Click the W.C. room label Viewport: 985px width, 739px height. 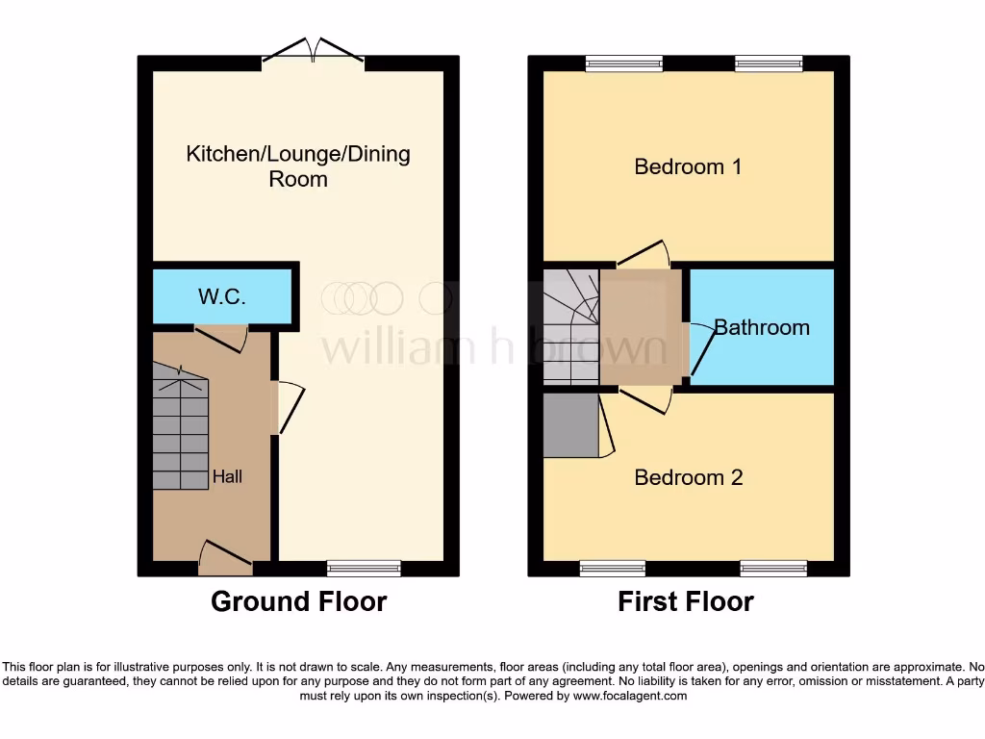[222, 296]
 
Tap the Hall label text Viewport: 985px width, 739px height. [228, 475]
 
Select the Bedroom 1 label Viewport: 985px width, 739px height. [688, 166]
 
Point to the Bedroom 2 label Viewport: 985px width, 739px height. [689, 477]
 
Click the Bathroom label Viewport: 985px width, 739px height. [761, 327]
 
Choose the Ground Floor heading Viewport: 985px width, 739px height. [298, 602]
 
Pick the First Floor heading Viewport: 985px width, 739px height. [686, 602]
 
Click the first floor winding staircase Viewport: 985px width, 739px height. [570, 327]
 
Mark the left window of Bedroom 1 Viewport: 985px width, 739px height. [624, 64]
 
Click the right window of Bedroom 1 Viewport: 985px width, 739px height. [769, 64]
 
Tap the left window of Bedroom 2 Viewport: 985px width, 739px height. [613, 569]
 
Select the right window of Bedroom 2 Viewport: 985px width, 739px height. [772, 569]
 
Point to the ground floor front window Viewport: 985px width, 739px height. [364, 569]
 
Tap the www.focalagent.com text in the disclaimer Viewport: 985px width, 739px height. [630, 696]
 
